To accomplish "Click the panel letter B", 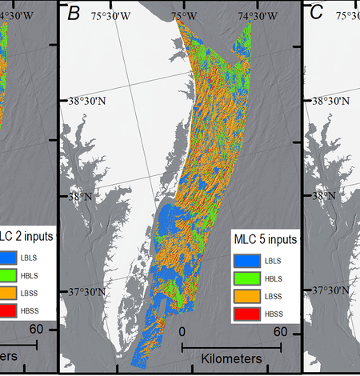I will (75, 14).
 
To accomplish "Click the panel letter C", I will (317, 14).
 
